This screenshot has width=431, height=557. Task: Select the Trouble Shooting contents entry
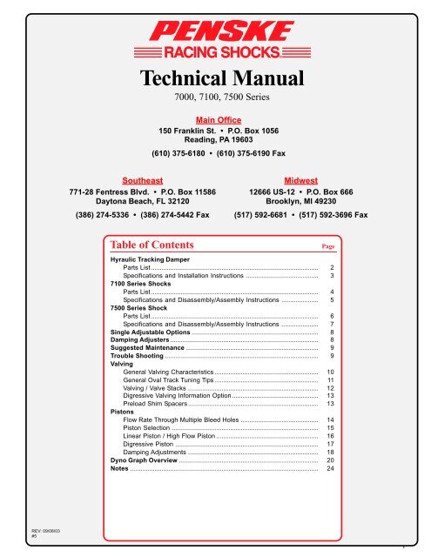tap(137, 356)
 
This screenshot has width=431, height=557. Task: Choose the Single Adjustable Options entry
tap(150, 332)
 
